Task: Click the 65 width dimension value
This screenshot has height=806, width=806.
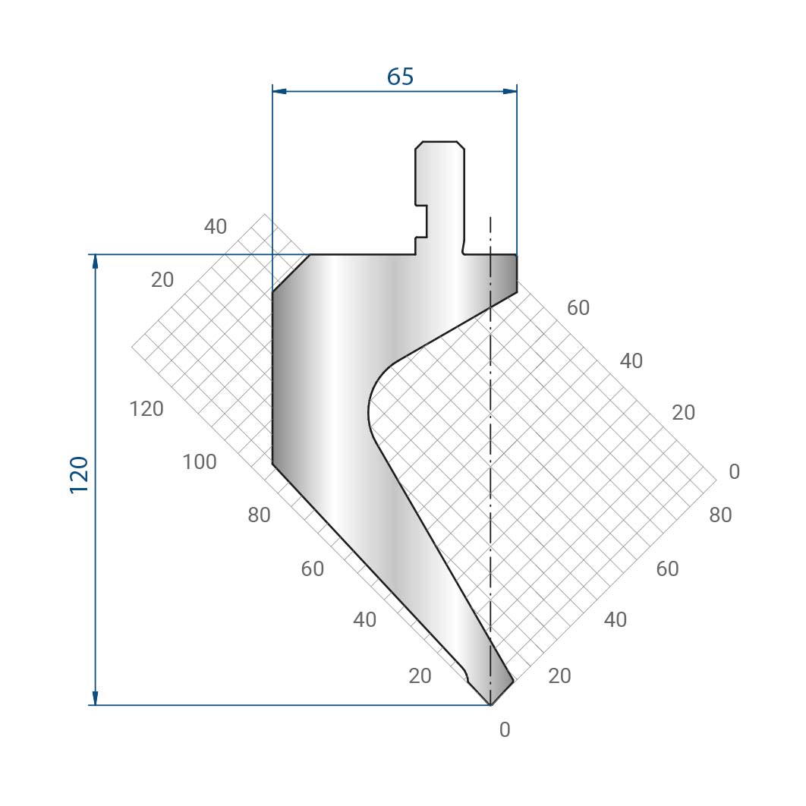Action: tap(400, 77)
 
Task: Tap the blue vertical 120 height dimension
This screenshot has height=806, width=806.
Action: tap(95, 480)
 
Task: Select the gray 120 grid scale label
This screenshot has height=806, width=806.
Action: tap(146, 409)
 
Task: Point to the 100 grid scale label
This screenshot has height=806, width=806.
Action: tap(200, 462)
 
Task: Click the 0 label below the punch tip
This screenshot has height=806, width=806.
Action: tap(505, 729)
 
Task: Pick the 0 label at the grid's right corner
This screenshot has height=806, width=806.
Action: tap(735, 471)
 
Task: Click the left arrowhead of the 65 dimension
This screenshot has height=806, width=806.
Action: tap(279, 92)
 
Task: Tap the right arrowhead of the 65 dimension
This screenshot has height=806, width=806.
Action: tap(510, 92)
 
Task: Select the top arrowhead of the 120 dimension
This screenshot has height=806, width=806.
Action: tap(95, 262)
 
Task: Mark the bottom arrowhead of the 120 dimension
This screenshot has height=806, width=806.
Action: tap(95, 698)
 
